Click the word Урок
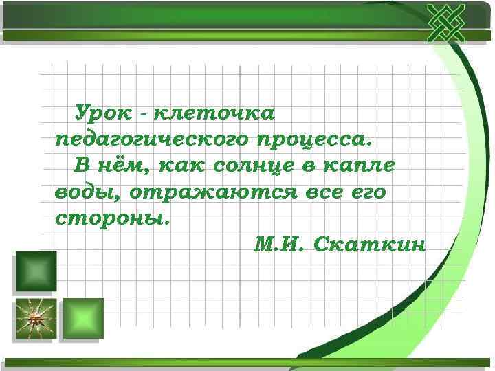[102, 111]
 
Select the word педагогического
[152, 139]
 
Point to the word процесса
[314, 139]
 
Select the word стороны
[111, 220]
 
